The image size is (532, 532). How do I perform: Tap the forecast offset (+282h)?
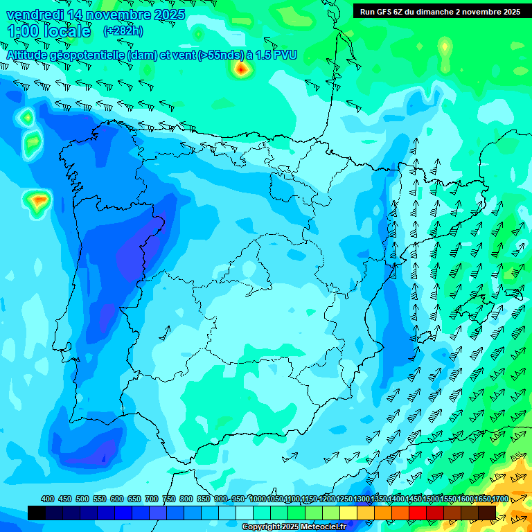pyautogui.click(x=123, y=31)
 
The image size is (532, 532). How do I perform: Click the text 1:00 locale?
pyautogui.click(x=48, y=31)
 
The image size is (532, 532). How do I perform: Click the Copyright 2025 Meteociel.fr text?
pyautogui.click(x=294, y=527)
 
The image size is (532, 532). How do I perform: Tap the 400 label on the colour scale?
pyautogui.click(x=48, y=499)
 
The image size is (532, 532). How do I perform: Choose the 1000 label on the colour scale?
pyautogui.click(x=258, y=499)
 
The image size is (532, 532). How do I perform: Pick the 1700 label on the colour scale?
pyautogui.click(x=499, y=499)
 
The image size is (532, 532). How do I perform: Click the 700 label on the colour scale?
pyautogui.click(x=152, y=499)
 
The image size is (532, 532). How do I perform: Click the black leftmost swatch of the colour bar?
pyautogui.click(x=37, y=513)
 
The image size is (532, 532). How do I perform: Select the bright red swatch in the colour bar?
pyautogui.click(x=418, y=513)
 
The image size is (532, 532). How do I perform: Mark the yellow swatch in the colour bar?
pyautogui.click(x=348, y=513)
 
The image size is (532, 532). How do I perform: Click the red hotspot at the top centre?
pyautogui.click(x=240, y=69)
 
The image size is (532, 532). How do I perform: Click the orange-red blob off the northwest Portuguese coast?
pyautogui.click(x=39, y=201)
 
